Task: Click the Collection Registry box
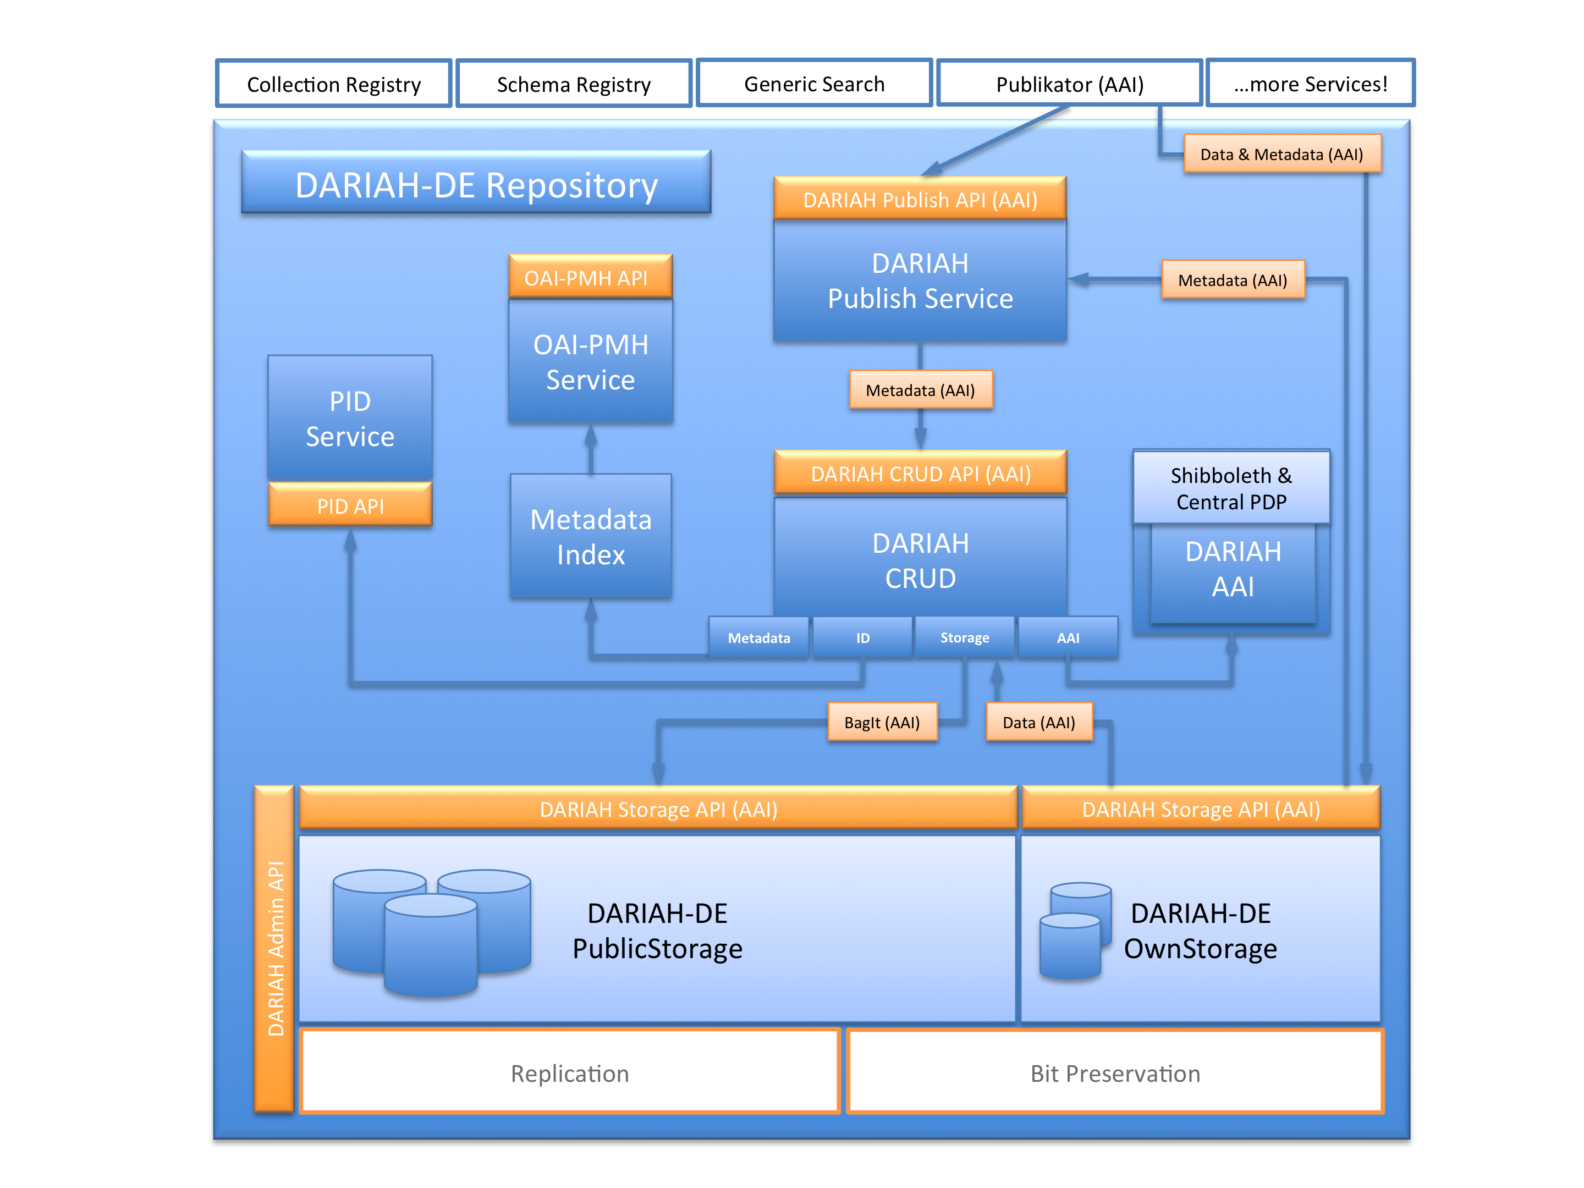point(334,84)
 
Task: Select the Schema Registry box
point(574,84)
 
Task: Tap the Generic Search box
point(814,84)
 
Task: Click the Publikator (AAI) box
point(1069,84)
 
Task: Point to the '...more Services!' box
point(1311,84)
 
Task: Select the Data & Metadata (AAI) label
point(1282,154)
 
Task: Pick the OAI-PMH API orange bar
point(590,277)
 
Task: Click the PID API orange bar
point(350,505)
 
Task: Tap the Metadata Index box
point(591,536)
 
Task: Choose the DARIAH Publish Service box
point(920,280)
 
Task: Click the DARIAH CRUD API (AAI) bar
point(920,474)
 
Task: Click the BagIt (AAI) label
point(882,722)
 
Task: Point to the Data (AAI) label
point(1039,722)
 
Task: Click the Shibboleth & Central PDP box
point(1231,488)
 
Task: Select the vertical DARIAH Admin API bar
point(275,948)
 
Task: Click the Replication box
point(569,1072)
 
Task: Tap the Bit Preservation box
point(1115,1072)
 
